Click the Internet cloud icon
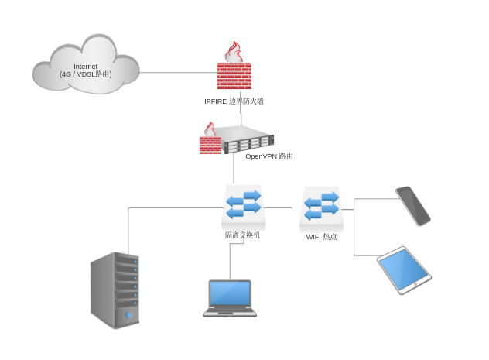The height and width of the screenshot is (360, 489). (x=85, y=66)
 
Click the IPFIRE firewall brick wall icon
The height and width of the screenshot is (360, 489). (x=234, y=76)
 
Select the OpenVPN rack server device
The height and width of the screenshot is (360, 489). (x=248, y=142)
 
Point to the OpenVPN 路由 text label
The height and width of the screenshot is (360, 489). (x=268, y=156)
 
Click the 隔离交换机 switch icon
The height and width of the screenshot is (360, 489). (x=243, y=205)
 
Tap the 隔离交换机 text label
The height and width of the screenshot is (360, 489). (x=243, y=235)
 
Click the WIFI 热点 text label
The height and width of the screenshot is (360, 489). (x=321, y=237)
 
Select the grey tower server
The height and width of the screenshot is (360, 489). (x=115, y=290)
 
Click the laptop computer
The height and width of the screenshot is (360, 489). (x=230, y=298)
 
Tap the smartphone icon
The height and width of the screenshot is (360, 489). (x=412, y=205)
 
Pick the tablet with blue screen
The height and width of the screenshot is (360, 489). (x=404, y=269)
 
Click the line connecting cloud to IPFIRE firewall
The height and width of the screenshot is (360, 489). (x=178, y=73)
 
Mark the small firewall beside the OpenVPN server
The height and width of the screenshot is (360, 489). (x=210, y=141)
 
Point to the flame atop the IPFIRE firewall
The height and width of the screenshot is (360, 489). (x=233, y=53)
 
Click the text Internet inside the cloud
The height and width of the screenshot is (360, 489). (x=85, y=67)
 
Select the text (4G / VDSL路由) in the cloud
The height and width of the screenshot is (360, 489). (x=85, y=74)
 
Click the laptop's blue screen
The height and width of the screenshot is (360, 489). (x=230, y=293)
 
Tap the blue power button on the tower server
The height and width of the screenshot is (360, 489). (x=128, y=315)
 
